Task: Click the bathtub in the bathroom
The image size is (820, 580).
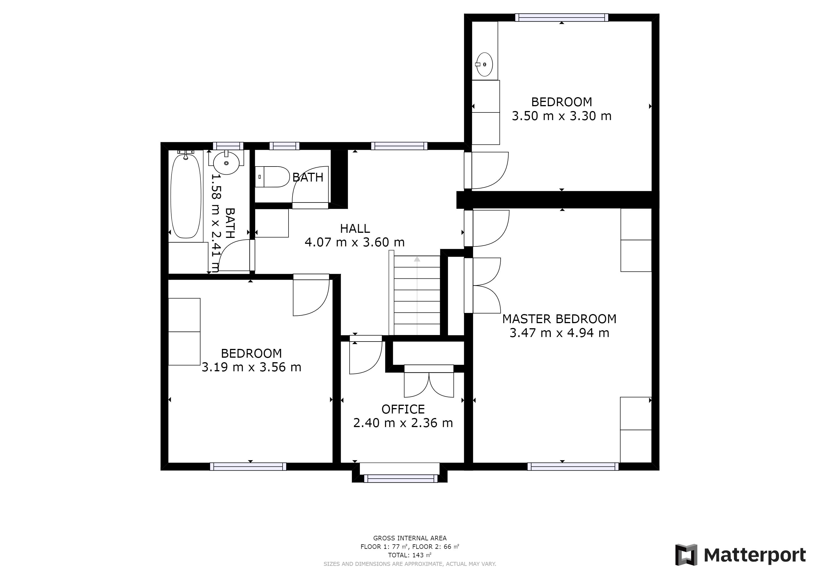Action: [186, 196]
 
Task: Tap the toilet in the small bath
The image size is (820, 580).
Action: [272, 177]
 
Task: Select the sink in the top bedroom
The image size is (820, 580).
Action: [485, 64]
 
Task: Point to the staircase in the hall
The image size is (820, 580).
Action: [417, 295]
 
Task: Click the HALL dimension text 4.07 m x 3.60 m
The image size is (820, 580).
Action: [355, 242]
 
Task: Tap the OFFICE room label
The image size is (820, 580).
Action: [403, 409]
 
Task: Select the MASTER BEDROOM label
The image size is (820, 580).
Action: [559, 319]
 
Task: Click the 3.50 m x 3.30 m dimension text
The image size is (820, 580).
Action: [562, 116]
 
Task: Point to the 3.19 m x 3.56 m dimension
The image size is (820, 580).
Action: [251, 367]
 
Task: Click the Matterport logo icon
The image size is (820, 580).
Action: [686, 555]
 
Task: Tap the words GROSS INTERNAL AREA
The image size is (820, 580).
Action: [410, 538]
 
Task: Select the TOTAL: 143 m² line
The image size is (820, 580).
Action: [410, 555]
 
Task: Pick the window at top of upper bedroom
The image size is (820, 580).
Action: [562, 18]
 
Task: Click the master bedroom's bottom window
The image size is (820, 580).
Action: [573, 466]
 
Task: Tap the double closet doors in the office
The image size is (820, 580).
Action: [429, 381]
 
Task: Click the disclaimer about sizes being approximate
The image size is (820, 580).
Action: [410, 564]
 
